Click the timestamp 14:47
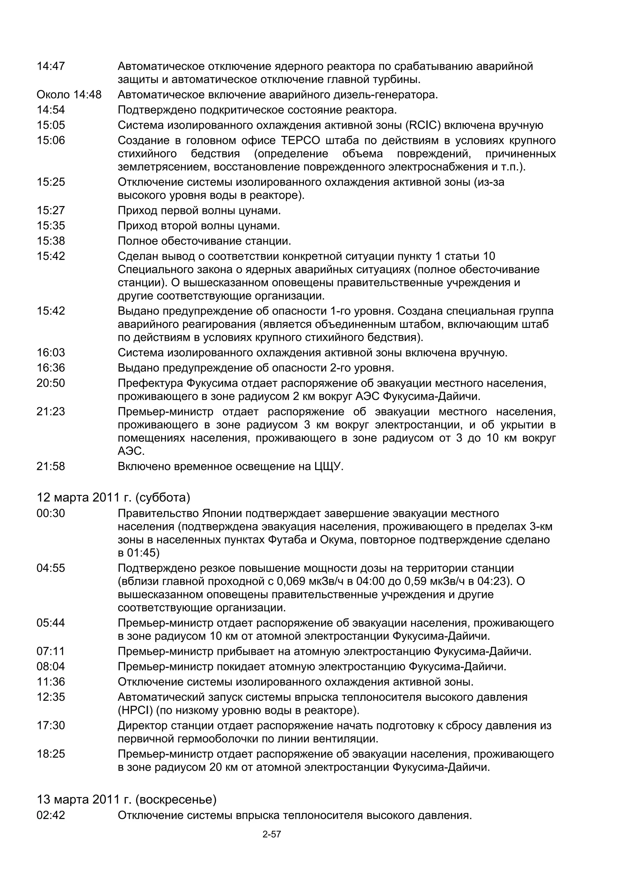(x=51, y=67)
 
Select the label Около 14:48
(x=69, y=95)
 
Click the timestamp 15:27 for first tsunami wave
(x=51, y=210)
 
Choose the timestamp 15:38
(x=51, y=241)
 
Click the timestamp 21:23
(x=51, y=412)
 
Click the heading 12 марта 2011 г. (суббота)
(x=113, y=497)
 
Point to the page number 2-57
(x=272, y=835)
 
